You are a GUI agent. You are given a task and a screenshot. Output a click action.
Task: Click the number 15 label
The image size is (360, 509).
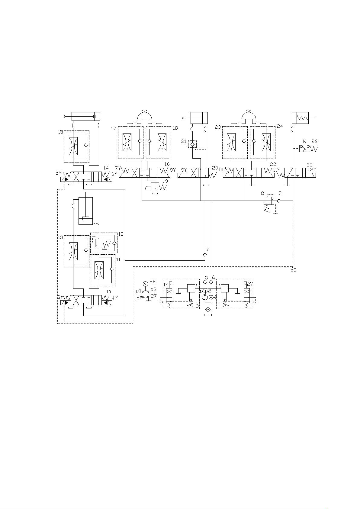point(60,132)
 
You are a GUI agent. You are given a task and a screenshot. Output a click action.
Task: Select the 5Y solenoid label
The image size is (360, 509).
point(58,173)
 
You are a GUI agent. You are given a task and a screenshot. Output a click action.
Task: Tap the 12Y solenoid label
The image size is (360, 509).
point(312,169)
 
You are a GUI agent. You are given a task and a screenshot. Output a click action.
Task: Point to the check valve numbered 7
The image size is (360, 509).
point(205,255)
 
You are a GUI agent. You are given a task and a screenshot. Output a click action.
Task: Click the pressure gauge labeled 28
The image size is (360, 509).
point(145,284)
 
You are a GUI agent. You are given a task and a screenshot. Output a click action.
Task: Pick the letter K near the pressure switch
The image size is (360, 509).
point(304,141)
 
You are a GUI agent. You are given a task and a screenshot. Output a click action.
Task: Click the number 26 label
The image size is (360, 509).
point(314,141)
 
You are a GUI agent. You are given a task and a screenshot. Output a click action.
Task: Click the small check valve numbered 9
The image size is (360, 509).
point(278,201)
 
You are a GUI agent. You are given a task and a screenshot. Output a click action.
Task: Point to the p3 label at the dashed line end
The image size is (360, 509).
point(293,270)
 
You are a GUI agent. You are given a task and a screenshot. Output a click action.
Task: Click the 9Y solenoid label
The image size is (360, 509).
point(184,170)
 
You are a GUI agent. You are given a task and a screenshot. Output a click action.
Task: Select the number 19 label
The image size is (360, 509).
point(165,182)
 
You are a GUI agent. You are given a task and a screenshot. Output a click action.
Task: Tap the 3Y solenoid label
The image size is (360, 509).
point(61,297)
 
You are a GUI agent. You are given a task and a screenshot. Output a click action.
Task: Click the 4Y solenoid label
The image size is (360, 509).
point(115,298)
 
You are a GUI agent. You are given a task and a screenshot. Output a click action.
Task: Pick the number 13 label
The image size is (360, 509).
point(60,237)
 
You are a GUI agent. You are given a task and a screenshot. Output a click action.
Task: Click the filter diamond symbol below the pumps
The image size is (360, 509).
point(207,309)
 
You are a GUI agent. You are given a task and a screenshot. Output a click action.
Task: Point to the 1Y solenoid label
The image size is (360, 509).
point(166,285)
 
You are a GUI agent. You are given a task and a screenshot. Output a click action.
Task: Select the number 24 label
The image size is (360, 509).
point(280,126)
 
